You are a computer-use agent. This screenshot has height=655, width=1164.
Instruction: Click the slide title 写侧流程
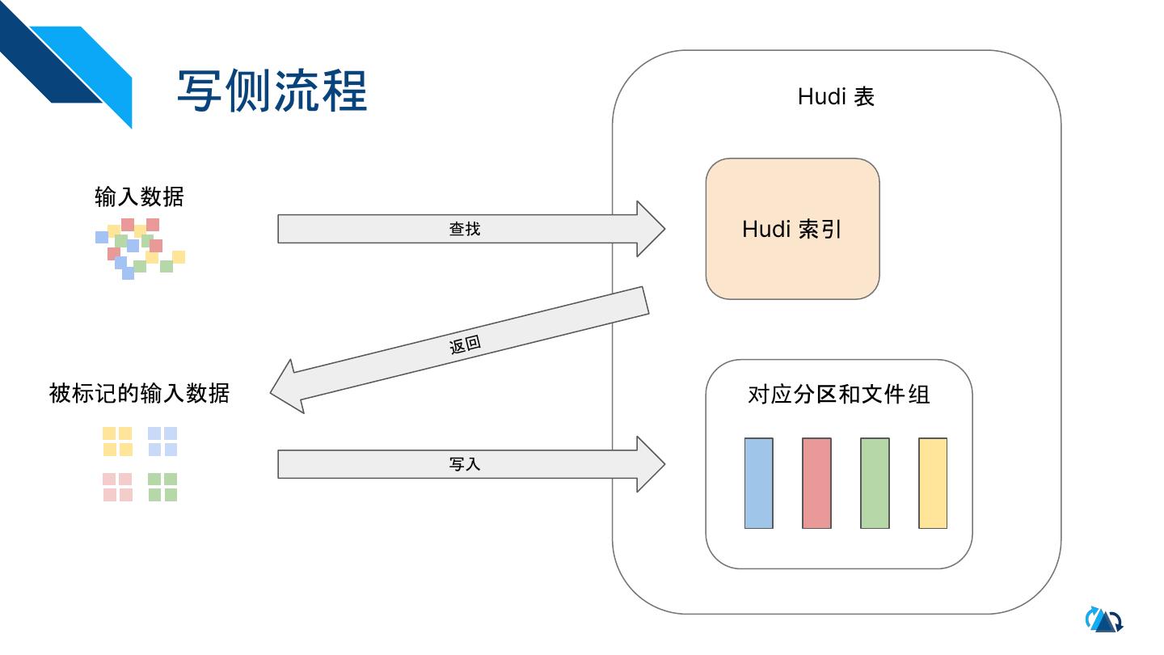tap(272, 90)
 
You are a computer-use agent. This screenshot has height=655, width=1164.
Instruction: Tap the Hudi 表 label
tap(836, 97)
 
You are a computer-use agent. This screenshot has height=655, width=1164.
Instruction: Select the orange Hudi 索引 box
tap(792, 229)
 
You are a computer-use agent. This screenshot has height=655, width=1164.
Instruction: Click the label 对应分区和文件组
tap(838, 395)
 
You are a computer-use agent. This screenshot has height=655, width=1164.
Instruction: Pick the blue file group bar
tap(758, 484)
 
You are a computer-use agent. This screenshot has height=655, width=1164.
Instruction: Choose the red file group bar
tap(816, 484)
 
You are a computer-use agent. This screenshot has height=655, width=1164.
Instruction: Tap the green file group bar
tap(875, 484)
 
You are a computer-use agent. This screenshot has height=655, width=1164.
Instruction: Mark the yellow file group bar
tap(933, 484)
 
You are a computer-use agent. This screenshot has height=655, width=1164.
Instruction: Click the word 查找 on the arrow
tap(465, 229)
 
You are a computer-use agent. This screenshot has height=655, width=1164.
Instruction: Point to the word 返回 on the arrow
tap(465, 344)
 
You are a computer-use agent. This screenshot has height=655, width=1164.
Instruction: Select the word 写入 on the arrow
tap(465, 464)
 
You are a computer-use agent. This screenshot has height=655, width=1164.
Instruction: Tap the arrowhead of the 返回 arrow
tap(286, 388)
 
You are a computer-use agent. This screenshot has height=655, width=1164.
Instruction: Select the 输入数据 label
tap(139, 196)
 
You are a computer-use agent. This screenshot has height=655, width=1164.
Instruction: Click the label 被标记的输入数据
tap(139, 394)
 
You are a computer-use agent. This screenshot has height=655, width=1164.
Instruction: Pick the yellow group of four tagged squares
tap(117, 442)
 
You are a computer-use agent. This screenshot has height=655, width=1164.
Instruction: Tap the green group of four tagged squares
tap(162, 488)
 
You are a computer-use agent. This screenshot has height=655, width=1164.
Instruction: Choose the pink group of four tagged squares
tap(117, 488)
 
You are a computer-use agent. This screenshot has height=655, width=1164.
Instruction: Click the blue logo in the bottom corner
tap(1103, 620)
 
